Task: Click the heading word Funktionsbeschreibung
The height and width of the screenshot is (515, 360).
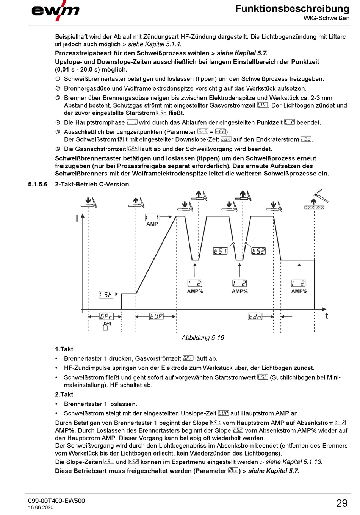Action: pos(292,8)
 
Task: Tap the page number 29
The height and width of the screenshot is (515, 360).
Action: pos(341,503)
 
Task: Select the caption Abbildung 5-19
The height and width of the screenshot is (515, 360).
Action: pos(203,338)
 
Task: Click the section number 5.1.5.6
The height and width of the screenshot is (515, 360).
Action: pos(38,184)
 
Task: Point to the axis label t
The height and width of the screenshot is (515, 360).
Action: pos(327,316)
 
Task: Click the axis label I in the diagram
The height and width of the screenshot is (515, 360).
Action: pos(77,218)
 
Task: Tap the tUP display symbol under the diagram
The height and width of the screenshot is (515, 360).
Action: pos(156,316)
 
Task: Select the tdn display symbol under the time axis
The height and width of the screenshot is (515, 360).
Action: pos(255,316)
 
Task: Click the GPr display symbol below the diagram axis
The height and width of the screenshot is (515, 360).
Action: pos(106,316)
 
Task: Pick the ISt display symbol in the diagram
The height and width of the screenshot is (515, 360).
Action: pos(106,294)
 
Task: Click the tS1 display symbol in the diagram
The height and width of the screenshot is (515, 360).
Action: pos(220,251)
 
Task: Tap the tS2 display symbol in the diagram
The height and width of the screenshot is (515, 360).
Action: pos(258,251)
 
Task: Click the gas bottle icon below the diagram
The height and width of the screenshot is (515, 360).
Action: pos(106,326)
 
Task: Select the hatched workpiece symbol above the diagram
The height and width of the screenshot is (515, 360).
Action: pos(314,207)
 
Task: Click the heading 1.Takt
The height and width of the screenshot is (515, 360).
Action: pos(64,349)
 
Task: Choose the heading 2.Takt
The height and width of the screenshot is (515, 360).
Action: pos(64,394)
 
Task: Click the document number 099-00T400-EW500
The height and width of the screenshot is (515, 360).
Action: pos(56,501)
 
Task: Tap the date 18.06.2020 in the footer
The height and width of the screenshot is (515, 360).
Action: pos(41,508)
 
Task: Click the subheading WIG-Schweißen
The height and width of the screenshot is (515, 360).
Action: pos(326,18)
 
